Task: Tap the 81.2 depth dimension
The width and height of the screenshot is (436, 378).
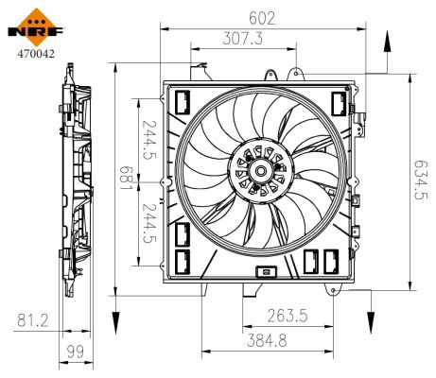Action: pyautogui.click(x=31, y=322)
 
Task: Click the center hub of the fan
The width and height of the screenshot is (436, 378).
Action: pyautogui.click(x=258, y=171)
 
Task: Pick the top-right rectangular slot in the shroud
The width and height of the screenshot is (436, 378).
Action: pyautogui.click(x=337, y=102)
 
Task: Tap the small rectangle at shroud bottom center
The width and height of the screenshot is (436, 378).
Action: pyautogui.click(x=267, y=273)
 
